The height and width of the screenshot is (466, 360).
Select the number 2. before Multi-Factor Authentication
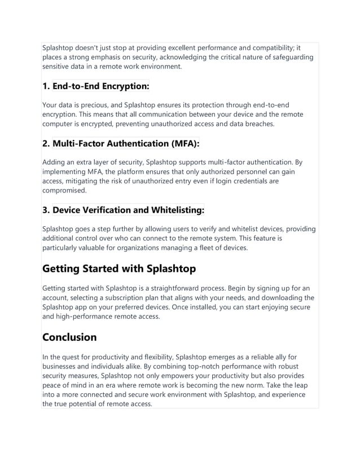pos(46,143)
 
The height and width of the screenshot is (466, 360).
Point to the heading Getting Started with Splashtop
pos(119,268)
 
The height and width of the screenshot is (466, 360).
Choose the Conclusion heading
pos(70,337)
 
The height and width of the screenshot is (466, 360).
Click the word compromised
pos(64,190)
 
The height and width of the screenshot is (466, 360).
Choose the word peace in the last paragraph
pos(52,385)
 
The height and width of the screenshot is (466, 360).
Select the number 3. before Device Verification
pos(46,210)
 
